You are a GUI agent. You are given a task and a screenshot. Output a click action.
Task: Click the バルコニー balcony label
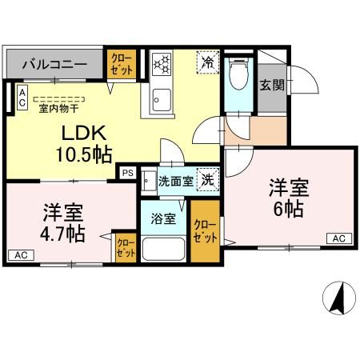[54, 63]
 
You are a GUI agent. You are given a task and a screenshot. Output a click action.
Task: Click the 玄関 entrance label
[272, 85]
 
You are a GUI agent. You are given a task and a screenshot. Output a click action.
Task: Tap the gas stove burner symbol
[160, 63]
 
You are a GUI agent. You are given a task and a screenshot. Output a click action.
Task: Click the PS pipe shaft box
[127, 171]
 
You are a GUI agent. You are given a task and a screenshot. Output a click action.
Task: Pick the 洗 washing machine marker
[206, 180]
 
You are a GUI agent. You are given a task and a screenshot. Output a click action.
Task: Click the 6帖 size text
[286, 209]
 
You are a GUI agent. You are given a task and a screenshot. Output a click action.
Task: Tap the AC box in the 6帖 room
[338, 238]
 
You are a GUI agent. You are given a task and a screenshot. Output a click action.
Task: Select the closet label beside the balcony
[122, 65]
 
